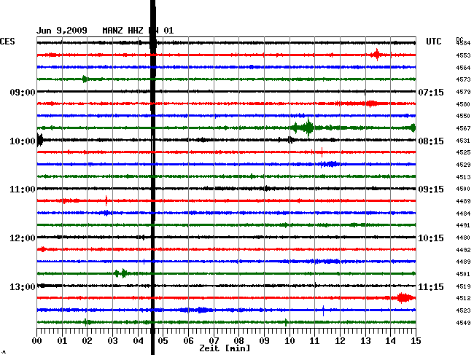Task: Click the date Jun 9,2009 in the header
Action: pos(62,31)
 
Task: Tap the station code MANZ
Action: pos(114,31)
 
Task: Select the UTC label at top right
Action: pos(434,42)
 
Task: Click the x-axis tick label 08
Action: pos(238,340)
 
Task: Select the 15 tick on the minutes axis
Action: pos(415,340)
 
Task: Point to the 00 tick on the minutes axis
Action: pos(37,340)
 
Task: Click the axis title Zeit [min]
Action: pos(225,348)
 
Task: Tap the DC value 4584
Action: pos(462,44)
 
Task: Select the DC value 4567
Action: pos(462,128)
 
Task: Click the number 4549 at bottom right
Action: pos(462,323)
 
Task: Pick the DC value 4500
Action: pos(462,189)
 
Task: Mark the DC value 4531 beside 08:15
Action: pos(462,141)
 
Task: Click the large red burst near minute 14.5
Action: pos(403,297)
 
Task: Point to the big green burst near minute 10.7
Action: pos(307,128)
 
